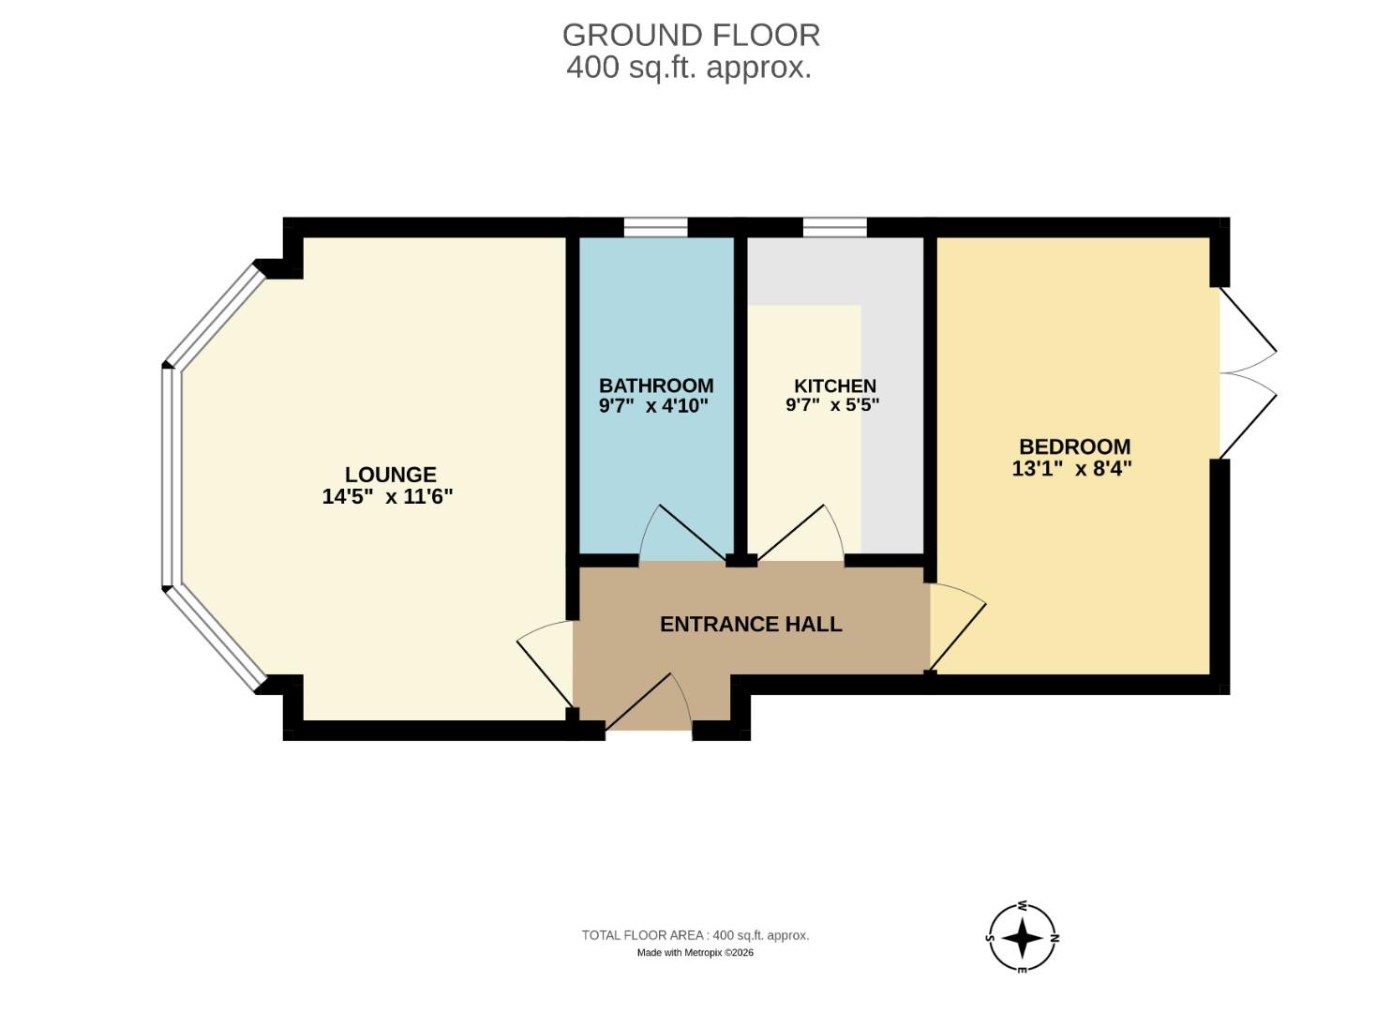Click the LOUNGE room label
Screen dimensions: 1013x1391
pyautogui.click(x=390, y=475)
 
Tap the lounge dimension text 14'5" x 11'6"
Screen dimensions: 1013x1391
pyautogui.click(x=387, y=497)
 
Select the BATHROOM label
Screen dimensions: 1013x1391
pyautogui.click(x=656, y=386)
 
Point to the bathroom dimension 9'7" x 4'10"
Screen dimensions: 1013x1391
pyautogui.click(x=653, y=406)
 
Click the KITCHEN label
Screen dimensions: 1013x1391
pyautogui.click(x=834, y=386)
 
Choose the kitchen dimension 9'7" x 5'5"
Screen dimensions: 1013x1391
pyautogui.click(x=832, y=406)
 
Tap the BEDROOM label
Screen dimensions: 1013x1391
pyautogui.click(x=1074, y=446)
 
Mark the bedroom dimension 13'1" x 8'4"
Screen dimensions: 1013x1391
pyautogui.click(x=1071, y=468)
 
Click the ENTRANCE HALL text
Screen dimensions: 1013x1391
pyautogui.click(x=751, y=625)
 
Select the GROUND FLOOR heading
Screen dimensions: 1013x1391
pyautogui.click(x=691, y=35)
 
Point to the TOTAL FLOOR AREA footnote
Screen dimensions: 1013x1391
pyautogui.click(x=695, y=935)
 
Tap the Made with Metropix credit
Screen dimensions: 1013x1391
pyautogui.click(x=695, y=953)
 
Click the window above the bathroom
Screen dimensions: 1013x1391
pyautogui.click(x=655, y=227)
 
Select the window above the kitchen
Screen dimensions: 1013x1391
pyautogui.click(x=834, y=227)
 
